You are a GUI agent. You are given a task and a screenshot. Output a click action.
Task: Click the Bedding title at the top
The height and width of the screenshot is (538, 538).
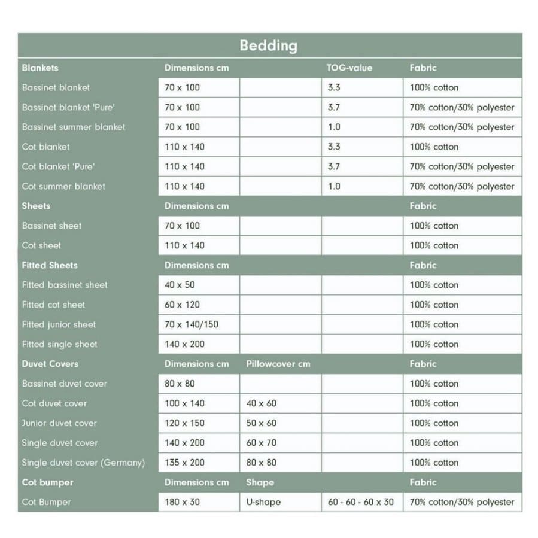[268, 45]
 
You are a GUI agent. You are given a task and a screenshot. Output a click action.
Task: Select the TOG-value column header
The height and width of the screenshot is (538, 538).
[349, 68]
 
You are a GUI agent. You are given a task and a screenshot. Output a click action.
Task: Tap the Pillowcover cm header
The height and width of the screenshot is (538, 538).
[278, 364]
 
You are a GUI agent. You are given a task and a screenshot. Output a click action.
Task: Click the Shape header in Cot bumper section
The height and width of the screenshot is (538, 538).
[260, 482]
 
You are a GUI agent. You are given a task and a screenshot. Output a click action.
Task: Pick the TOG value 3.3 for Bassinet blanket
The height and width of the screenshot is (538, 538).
[334, 88]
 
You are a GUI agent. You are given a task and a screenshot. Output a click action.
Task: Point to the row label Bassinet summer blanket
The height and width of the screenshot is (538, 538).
[74, 127]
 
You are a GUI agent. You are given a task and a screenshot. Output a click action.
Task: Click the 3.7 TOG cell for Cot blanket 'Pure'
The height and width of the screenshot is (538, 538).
[334, 166]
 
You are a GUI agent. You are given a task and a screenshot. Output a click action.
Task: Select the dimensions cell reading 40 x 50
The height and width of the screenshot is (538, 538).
[180, 285]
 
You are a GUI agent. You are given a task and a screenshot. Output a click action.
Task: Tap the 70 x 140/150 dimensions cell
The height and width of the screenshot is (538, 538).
[192, 324]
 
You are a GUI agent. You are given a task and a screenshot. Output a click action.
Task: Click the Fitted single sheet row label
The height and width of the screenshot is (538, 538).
[59, 344]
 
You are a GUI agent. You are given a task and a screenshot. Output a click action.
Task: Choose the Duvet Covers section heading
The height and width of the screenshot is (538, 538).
[50, 364]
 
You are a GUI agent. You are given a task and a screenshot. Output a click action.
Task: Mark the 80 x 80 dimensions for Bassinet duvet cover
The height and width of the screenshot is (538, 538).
[180, 384]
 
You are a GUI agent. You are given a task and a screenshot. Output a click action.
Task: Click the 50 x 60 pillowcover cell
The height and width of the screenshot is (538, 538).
[261, 423]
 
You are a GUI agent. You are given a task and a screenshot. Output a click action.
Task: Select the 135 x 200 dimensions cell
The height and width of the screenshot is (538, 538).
[184, 463]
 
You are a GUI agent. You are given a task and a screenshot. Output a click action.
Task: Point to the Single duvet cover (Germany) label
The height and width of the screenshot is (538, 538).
[83, 463]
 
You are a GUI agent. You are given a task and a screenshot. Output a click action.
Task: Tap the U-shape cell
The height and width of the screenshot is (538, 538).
[263, 502]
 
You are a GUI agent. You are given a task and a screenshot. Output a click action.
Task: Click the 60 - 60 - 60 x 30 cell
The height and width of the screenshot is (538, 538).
[360, 502]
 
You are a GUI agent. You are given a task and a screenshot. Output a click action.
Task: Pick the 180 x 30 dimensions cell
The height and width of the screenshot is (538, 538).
[182, 502]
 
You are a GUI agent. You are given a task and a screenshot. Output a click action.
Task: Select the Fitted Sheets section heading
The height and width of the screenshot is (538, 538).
[50, 265]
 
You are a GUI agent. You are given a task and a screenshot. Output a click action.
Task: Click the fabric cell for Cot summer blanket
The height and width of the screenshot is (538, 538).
[461, 186]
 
